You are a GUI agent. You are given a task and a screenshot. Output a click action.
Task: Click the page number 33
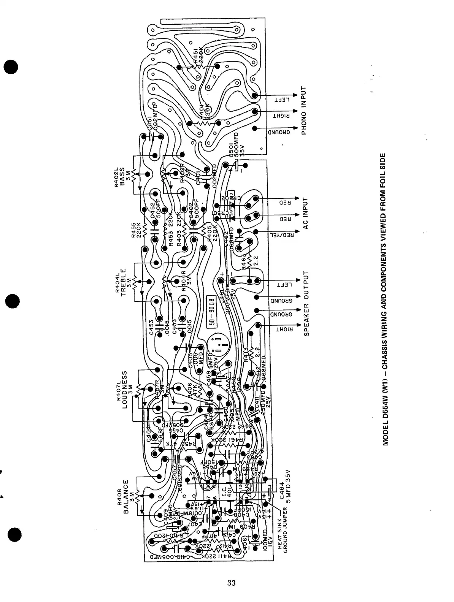[x=231, y=583]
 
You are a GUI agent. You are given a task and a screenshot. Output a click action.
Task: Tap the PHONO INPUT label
[x=304, y=111]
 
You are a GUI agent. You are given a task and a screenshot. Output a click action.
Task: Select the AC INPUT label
[x=305, y=213]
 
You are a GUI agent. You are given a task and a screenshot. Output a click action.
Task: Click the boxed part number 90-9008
[x=212, y=311]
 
